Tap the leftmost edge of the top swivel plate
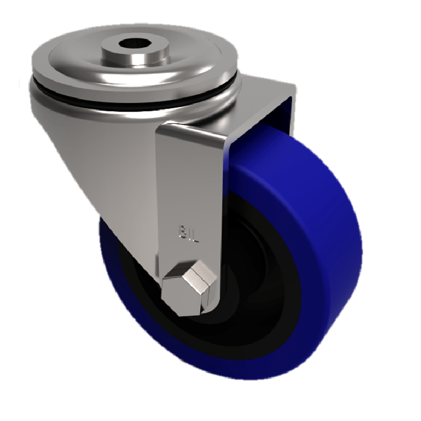pos(31,66)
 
